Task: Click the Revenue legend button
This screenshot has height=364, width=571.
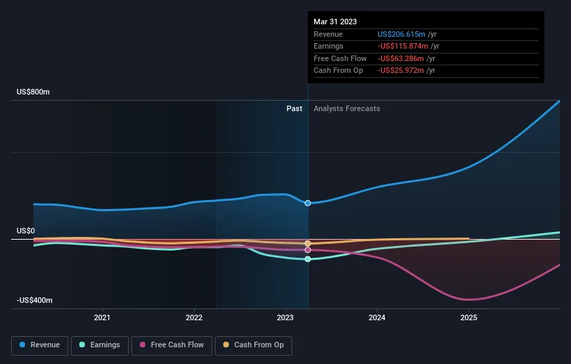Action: click(x=40, y=345)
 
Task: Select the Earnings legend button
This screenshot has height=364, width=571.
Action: click(x=100, y=345)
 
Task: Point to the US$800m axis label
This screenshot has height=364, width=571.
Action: click(x=33, y=92)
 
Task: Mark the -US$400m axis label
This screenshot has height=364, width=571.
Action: click(x=34, y=300)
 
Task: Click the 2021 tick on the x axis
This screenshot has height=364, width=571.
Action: click(x=102, y=318)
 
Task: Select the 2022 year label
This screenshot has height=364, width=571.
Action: click(x=194, y=318)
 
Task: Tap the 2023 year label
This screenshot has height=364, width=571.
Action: click(x=285, y=318)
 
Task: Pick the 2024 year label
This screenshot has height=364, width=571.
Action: click(x=377, y=318)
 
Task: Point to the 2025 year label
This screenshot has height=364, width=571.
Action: click(x=469, y=318)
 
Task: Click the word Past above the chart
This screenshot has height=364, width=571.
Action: click(x=294, y=108)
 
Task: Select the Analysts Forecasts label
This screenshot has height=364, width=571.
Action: click(x=347, y=108)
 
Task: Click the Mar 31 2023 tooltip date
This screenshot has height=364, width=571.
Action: click(x=335, y=22)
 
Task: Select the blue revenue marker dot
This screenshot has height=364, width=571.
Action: click(x=307, y=203)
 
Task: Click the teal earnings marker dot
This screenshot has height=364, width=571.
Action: click(x=307, y=259)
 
